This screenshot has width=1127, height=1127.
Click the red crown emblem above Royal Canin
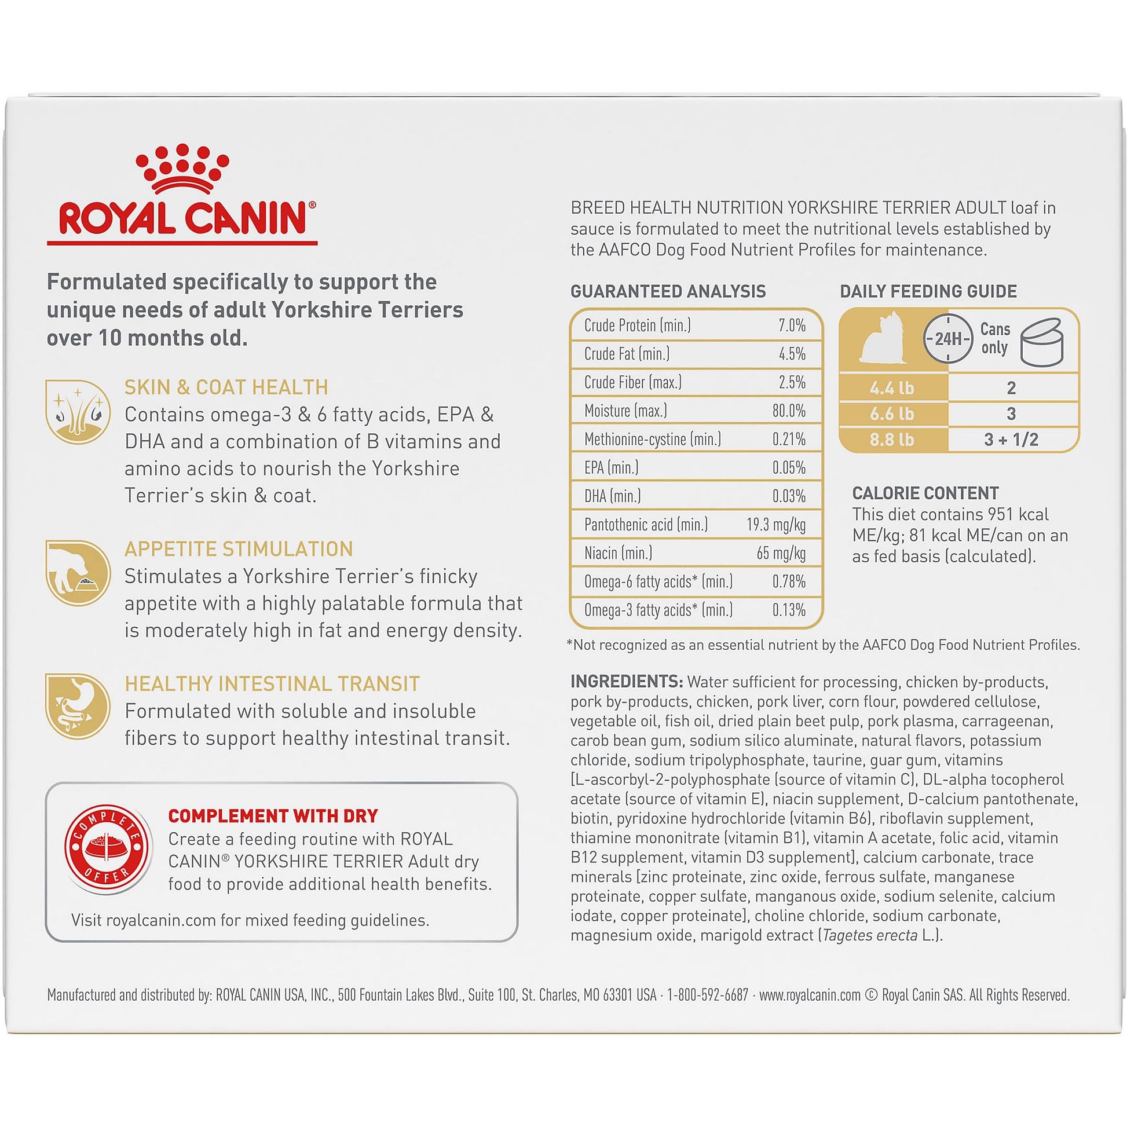point(182,169)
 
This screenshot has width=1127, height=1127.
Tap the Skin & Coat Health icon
point(78,411)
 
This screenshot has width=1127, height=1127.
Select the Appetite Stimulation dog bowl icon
point(78,573)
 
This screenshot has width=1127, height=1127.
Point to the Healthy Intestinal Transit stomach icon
point(78,706)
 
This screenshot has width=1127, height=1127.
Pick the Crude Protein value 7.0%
point(792,325)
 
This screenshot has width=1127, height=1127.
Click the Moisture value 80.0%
point(789,411)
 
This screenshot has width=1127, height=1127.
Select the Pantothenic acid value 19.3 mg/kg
point(776,525)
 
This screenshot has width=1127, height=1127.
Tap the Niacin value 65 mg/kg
point(781,553)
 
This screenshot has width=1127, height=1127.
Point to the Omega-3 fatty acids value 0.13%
point(789,610)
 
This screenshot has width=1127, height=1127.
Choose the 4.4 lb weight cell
point(892,388)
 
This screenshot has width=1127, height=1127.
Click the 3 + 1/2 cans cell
point(1012,440)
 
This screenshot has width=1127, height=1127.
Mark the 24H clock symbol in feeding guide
point(949,338)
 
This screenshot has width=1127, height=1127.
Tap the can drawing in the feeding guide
point(1042,342)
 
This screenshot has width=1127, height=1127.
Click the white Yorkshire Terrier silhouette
point(883,339)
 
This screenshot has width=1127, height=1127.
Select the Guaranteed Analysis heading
point(668,291)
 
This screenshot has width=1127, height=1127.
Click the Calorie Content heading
point(925,493)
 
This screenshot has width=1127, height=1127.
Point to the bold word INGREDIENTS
point(627,681)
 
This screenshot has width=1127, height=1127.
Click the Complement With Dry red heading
point(273,816)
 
